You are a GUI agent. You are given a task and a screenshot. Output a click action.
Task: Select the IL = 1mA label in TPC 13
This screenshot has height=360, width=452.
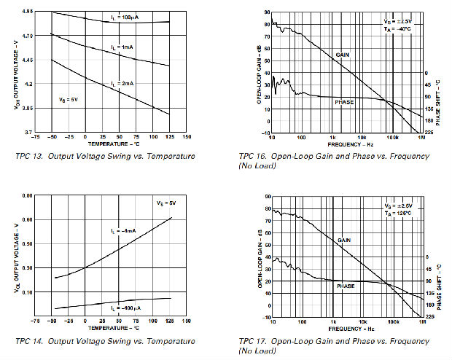click(x=122, y=47)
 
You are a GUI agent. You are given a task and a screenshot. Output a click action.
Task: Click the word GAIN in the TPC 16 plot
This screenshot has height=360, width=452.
click(x=343, y=55)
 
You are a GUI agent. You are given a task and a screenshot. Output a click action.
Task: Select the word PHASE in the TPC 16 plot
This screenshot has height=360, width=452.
click(x=344, y=102)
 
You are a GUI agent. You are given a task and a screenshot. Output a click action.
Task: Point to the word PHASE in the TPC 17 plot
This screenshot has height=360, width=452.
click(x=346, y=286)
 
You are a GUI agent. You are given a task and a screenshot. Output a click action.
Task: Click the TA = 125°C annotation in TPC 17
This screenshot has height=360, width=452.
click(x=399, y=214)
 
